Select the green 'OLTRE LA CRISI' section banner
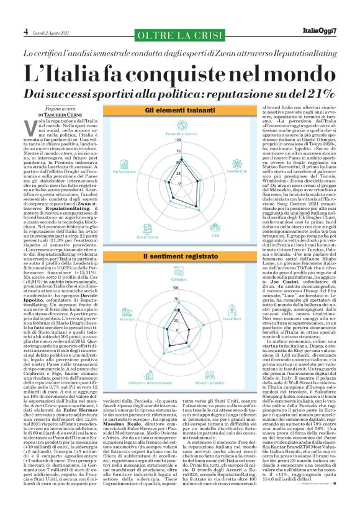[179, 36]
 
